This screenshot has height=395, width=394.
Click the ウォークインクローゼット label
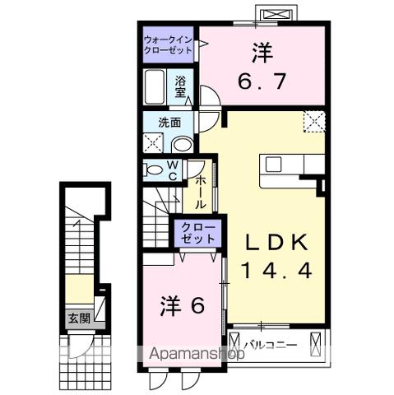click(168, 44)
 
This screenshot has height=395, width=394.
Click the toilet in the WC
click(153, 170)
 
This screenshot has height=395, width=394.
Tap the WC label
click(174, 170)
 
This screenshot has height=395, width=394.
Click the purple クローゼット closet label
click(197, 231)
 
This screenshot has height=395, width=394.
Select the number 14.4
click(276, 270)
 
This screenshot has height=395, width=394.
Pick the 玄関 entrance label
click(79, 319)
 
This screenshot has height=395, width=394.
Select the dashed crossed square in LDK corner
click(314, 122)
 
